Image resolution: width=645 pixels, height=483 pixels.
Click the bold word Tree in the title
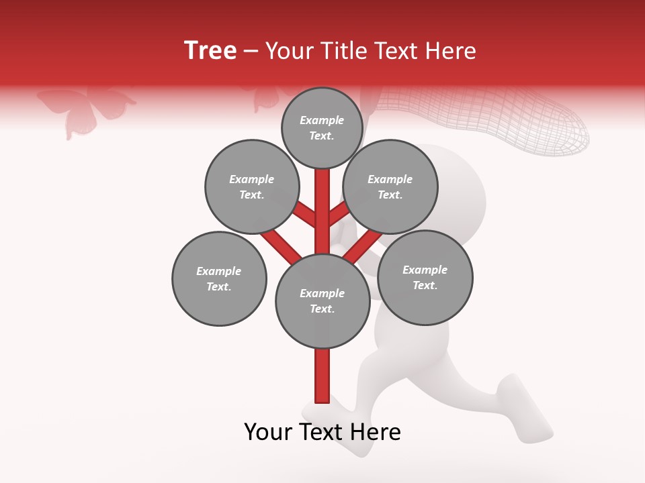pyautogui.click(x=210, y=51)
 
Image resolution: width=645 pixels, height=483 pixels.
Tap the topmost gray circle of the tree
pyautogui.click(x=322, y=127)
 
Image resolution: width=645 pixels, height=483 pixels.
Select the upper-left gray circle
pyautogui.click(x=251, y=187)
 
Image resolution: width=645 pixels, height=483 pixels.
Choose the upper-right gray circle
pyautogui.click(x=390, y=187)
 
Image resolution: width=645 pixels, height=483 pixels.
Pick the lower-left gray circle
pyautogui.click(x=219, y=278)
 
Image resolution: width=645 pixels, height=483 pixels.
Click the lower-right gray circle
pyautogui.click(x=425, y=277)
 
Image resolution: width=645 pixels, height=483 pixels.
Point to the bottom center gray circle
pyautogui.click(x=322, y=301)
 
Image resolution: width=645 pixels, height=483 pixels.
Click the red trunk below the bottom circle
pyautogui.click(x=322, y=376)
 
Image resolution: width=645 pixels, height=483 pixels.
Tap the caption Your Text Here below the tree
pyautogui.click(x=322, y=432)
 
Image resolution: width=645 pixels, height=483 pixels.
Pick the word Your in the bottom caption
pyautogui.click(x=269, y=432)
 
